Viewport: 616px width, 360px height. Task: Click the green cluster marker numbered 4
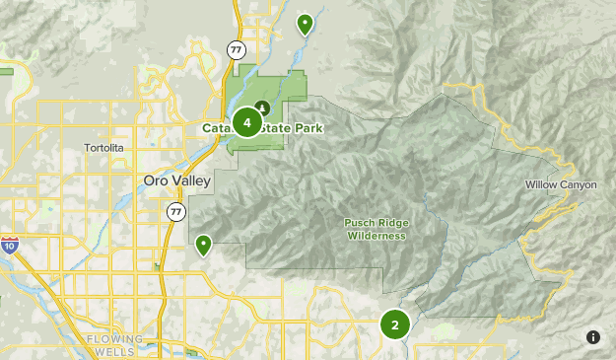(246, 122)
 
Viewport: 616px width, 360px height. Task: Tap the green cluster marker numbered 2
(394, 324)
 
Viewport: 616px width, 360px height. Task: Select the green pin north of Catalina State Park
(305, 24)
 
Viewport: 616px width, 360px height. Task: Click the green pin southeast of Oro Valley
(204, 244)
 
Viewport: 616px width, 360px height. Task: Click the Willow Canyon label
(560, 184)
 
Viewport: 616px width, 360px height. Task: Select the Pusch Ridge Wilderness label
(376, 229)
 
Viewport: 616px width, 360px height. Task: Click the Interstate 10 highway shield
(9, 243)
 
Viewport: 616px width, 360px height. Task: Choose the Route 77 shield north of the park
(236, 48)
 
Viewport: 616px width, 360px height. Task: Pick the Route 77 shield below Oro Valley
(175, 212)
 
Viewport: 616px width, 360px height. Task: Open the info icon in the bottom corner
(593, 337)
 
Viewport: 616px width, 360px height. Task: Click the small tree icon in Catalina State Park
(262, 107)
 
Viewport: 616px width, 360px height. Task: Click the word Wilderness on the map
(376, 236)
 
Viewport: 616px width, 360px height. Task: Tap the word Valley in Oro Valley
(188, 182)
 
